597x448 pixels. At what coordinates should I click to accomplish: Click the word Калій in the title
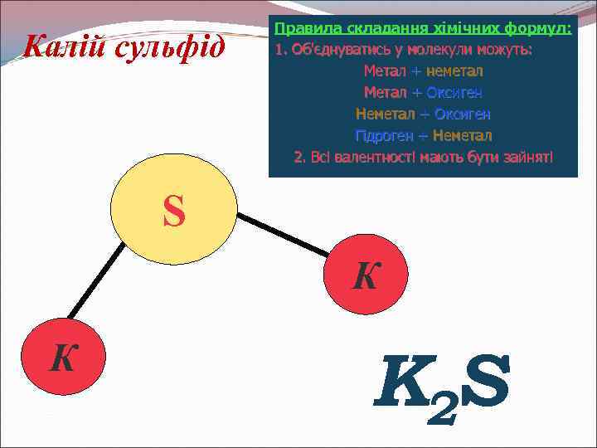coord(64,46)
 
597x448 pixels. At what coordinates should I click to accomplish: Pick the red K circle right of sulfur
coord(365,277)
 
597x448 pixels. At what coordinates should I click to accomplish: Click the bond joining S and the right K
coord(282,234)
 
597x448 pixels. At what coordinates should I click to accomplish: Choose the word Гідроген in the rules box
coord(382,135)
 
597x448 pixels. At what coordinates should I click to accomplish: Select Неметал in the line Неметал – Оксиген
coord(382,114)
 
